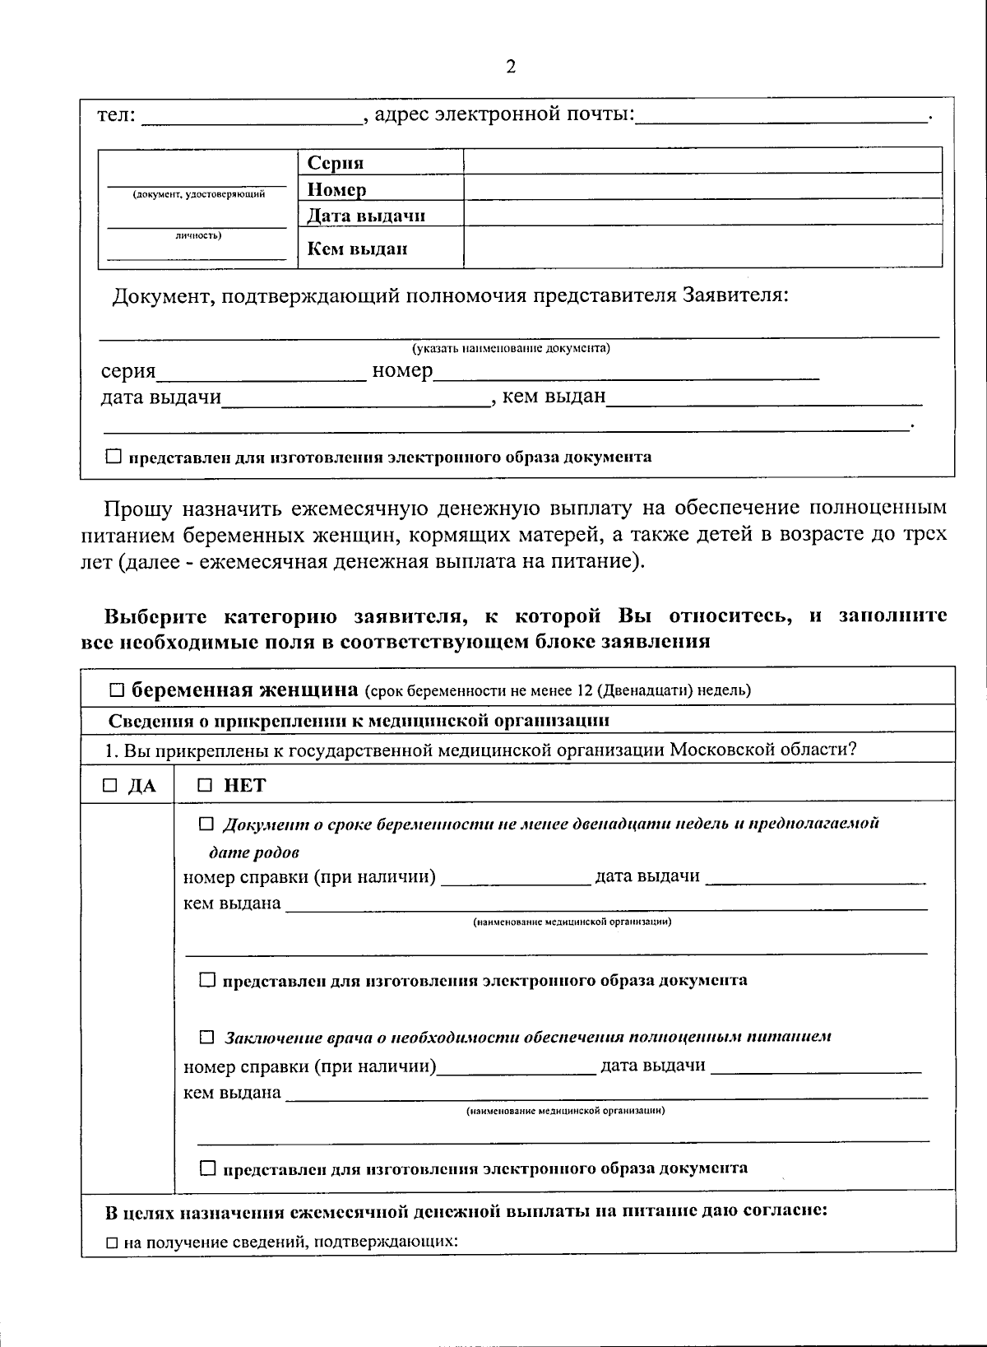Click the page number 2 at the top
click(510, 67)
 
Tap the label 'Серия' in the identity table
click(336, 163)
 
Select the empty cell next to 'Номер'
click(702, 187)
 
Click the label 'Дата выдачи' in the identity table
click(366, 216)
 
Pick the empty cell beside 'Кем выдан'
click(702, 247)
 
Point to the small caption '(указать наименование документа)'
click(511, 348)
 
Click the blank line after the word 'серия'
click(262, 373)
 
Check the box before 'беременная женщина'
click(118, 690)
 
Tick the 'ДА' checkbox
click(110, 786)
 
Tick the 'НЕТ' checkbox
click(205, 786)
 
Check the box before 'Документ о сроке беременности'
click(206, 824)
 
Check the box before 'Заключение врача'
click(206, 1037)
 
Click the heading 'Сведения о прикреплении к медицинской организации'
click(359, 721)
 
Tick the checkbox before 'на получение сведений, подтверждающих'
click(113, 1242)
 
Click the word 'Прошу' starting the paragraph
click(137, 508)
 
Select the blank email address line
click(781, 117)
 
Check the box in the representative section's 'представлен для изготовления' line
click(114, 457)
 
